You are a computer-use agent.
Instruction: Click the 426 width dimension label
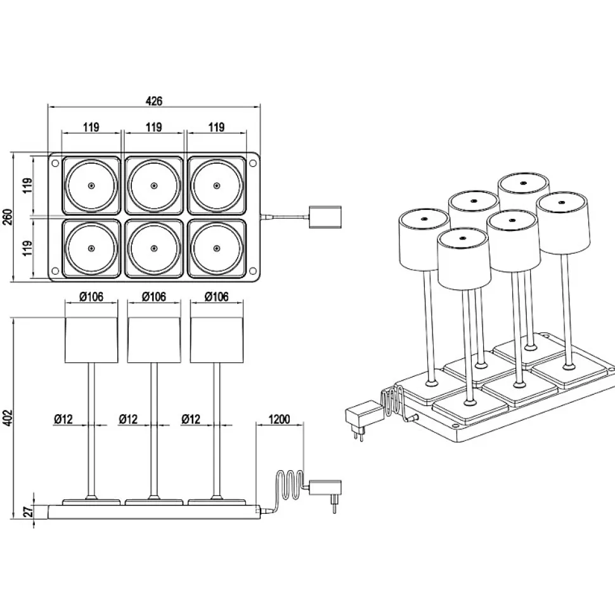click(154, 100)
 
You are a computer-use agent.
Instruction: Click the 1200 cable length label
click(279, 419)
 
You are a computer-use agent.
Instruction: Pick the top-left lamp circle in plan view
click(91, 186)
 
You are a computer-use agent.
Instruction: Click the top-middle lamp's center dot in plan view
click(154, 186)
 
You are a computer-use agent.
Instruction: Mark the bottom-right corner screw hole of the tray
click(253, 271)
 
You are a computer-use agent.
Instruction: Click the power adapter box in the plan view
click(325, 217)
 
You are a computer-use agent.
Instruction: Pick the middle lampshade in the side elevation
click(154, 339)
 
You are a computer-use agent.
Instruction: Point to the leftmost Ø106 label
click(92, 296)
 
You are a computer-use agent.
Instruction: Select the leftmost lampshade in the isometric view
click(424, 240)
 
